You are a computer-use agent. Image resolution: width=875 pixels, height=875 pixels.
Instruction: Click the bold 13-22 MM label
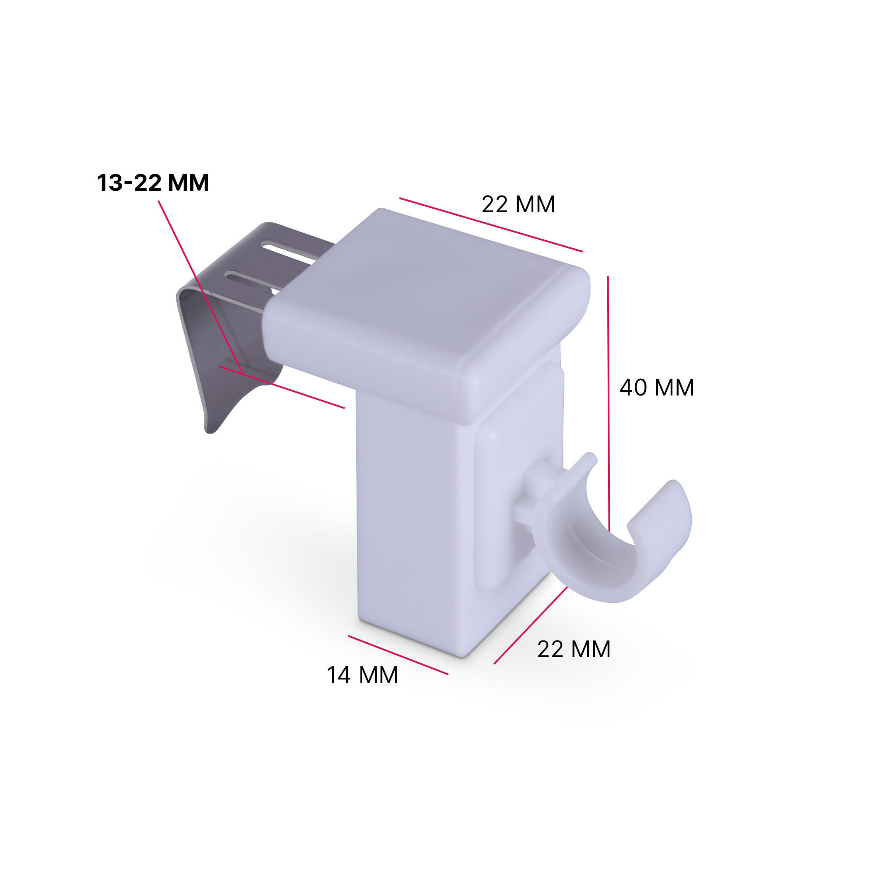tap(153, 183)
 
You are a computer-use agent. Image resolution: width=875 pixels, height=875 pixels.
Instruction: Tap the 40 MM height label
tap(656, 388)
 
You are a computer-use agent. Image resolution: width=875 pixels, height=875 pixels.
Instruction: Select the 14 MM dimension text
tap(362, 675)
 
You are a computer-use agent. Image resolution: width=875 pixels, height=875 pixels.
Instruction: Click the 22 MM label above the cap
tap(518, 204)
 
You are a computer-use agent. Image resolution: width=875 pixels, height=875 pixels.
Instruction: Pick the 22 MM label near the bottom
tap(574, 649)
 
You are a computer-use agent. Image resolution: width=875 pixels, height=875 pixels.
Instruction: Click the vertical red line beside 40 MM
tap(609, 385)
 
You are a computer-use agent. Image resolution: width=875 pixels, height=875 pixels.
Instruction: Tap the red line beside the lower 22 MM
tap(530, 626)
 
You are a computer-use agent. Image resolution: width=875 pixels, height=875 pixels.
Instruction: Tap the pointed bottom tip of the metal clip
tap(210, 430)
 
